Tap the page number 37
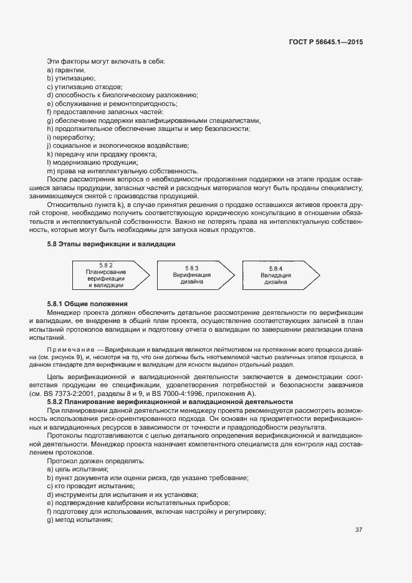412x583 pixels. pos(358,530)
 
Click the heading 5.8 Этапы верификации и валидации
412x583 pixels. pos(111,244)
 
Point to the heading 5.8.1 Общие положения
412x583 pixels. pos(83,302)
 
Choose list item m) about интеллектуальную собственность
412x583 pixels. pos(122,171)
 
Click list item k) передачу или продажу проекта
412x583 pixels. pos(102,154)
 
